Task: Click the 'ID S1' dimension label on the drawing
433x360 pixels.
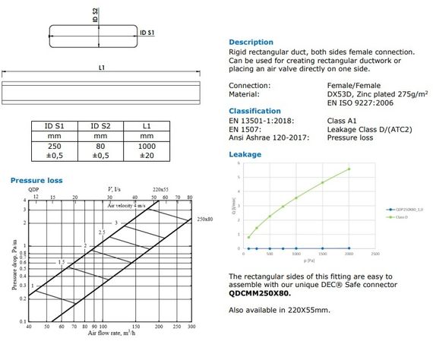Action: tap(147, 33)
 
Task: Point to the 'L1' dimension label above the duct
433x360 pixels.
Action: tap(101, 68)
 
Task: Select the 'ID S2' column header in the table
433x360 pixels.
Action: tap(101, 126)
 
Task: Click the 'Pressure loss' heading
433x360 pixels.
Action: tap(36, 180)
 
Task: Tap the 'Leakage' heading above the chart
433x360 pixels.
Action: tap(245, 154)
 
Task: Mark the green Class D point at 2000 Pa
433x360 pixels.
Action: tap(349, 169)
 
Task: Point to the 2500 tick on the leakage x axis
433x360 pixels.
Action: tap(375, 254)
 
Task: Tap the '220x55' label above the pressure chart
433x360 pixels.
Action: tap(163, 188)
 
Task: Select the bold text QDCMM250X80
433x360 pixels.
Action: tap(255, 292)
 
